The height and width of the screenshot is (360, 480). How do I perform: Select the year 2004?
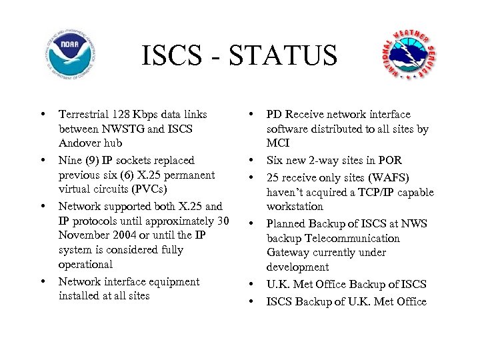[136, 235]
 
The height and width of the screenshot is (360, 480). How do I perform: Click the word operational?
[85, 265]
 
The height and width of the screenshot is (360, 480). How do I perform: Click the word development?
[297, 267]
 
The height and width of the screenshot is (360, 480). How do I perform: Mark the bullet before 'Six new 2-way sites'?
[253, 161]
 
